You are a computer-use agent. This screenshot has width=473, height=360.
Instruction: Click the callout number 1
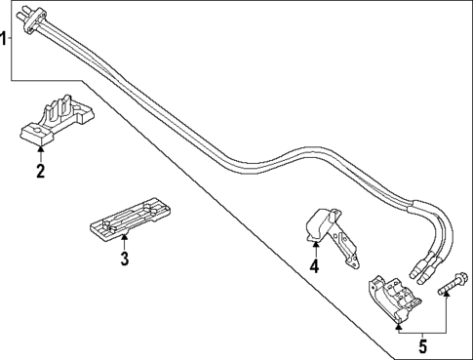[x=5, y=39]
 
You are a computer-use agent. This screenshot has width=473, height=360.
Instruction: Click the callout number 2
[x=40, y=173]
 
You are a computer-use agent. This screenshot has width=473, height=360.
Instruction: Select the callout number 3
[x=125, y=259]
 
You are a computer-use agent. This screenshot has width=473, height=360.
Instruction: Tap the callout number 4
[x=314, y=265]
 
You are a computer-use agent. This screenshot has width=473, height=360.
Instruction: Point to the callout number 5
[x=422, y=345]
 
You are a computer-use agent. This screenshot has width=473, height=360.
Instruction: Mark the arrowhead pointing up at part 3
[x=125, y=237]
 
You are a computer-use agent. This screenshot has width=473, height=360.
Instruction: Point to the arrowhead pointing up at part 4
[x=314, y=244]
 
